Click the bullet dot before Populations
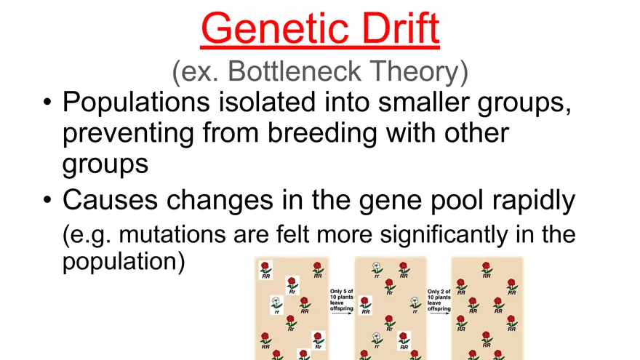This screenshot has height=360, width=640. coord(47,105)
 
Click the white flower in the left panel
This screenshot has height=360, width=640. coord(276,301)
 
